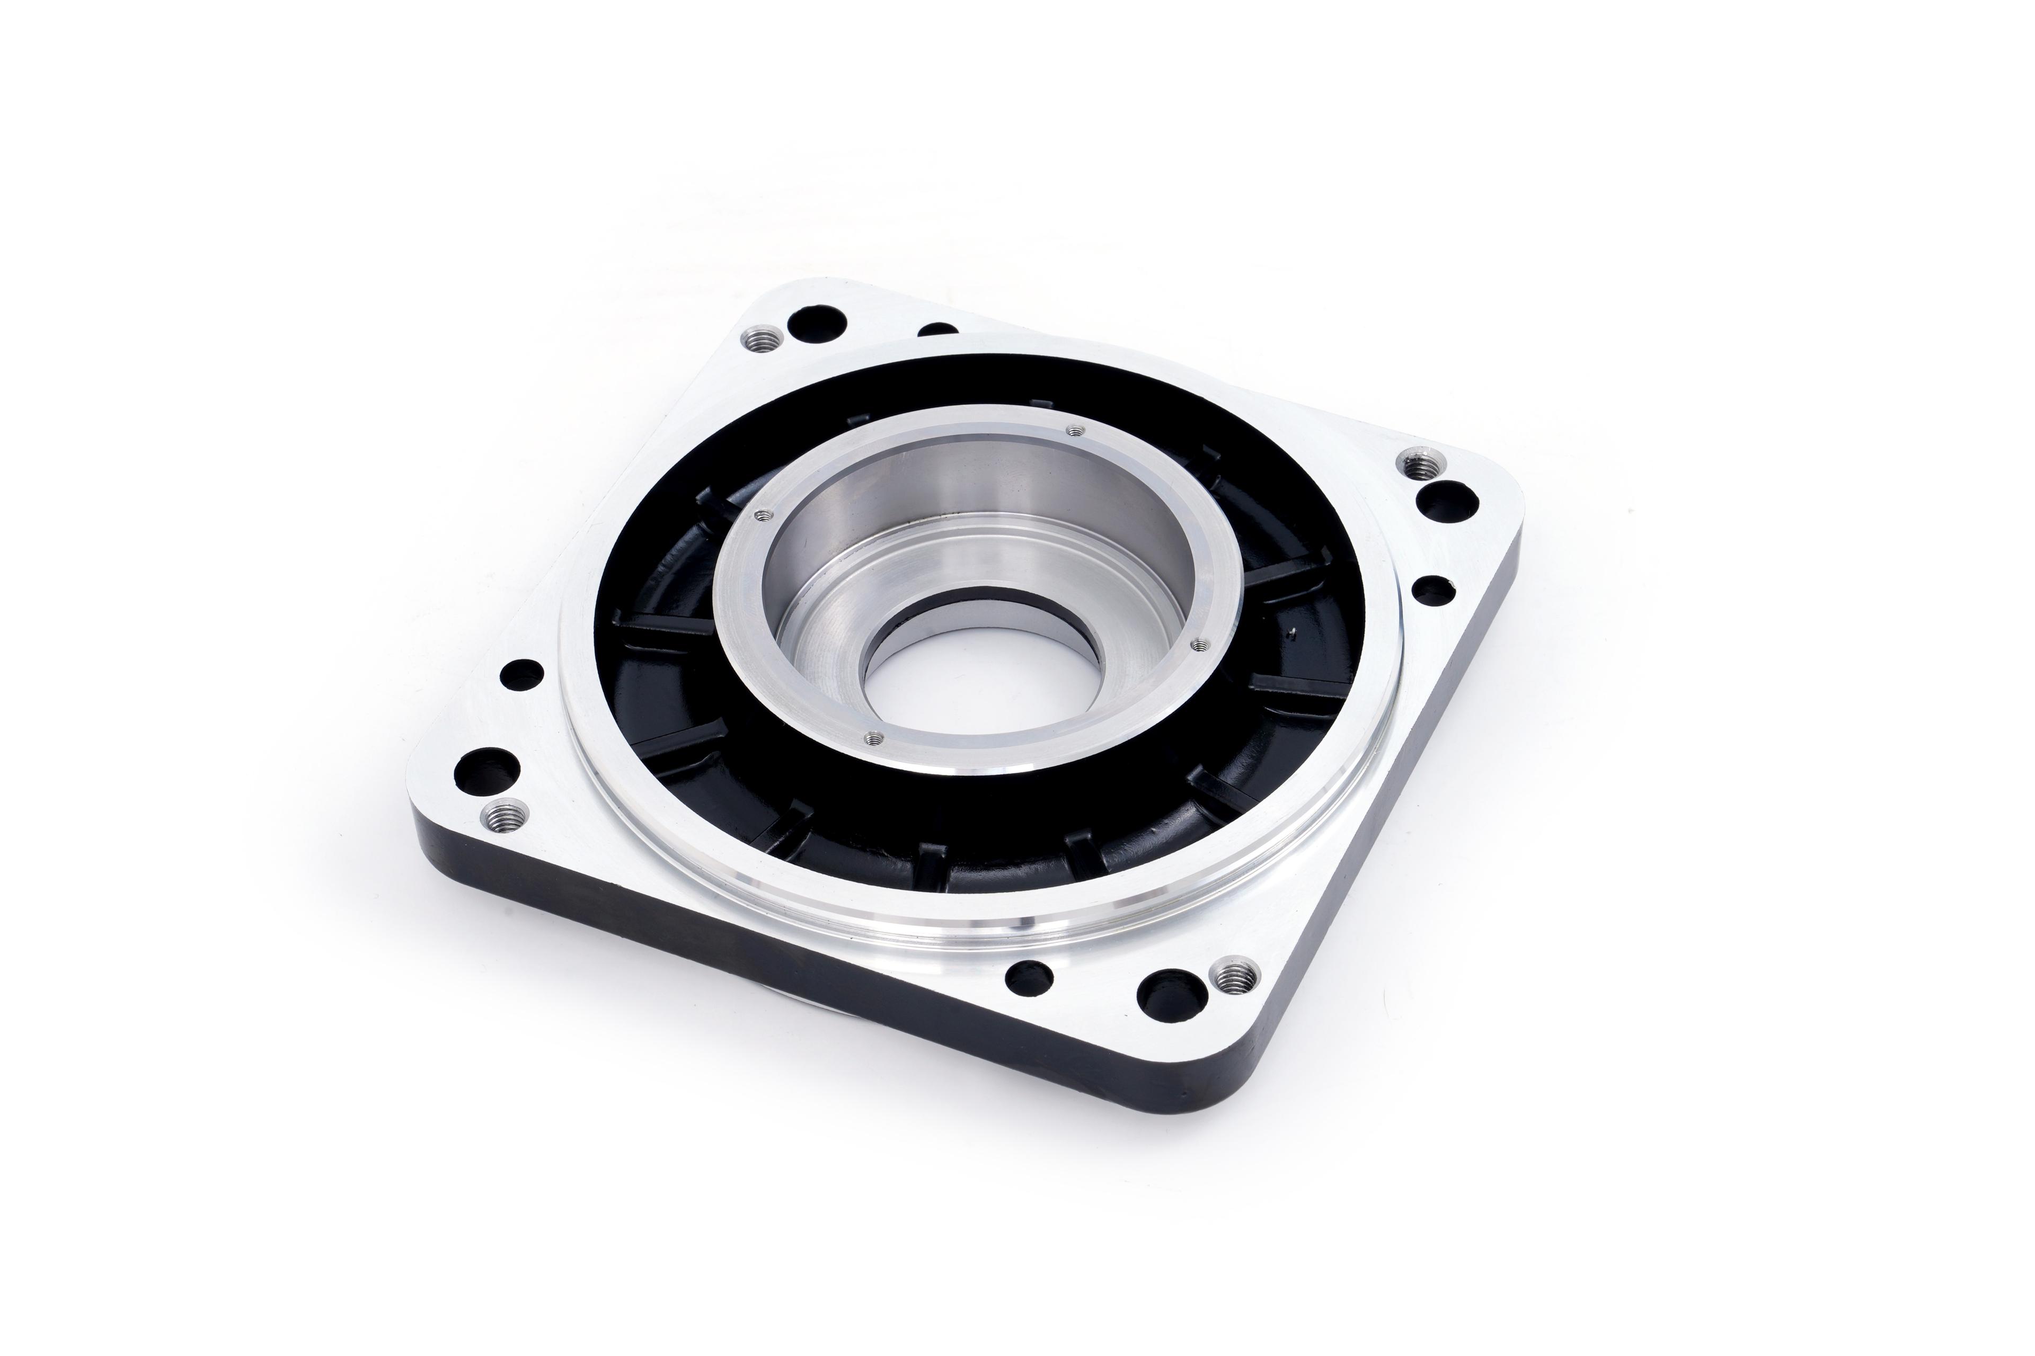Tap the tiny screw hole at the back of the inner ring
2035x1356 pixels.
coord(1075,430)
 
